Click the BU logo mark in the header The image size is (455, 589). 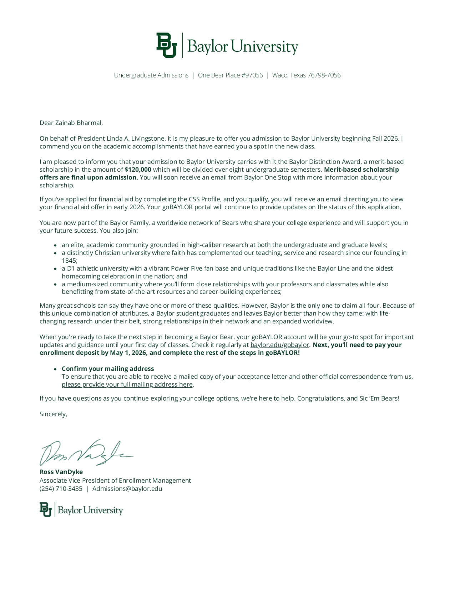166,45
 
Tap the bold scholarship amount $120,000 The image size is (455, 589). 138,170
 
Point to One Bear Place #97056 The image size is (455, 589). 230,75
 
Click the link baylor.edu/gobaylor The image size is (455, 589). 279,345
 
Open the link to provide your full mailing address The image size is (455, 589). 127,384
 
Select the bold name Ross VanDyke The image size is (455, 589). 61,472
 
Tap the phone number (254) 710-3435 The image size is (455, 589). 61,489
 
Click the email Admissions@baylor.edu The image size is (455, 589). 127,489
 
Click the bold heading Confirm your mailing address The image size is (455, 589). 108,369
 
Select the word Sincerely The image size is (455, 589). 53,414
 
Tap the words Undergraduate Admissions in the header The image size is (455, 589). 151,75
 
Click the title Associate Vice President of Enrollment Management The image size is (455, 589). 115,480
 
